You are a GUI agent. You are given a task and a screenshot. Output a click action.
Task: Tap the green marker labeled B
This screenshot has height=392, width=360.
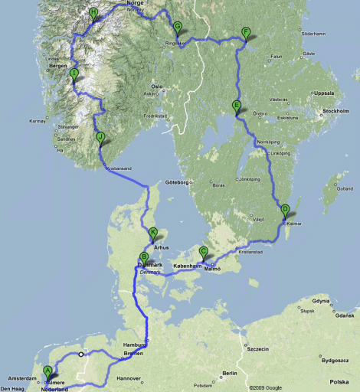tap(144, 258)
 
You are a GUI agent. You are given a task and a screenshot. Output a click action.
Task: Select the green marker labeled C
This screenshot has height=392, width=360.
tap(204, 251)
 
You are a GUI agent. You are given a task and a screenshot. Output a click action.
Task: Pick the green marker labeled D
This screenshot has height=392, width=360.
tap(285, 209)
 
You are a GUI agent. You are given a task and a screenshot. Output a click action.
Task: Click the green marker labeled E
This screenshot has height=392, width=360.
tap(236, 106)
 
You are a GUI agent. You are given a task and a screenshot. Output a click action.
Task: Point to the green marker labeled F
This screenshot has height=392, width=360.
tap(246, 32)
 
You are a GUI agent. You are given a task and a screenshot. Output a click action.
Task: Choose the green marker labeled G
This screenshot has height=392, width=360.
tap(177, 27)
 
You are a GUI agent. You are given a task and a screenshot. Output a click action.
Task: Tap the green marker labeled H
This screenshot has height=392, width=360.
tap(93, 12)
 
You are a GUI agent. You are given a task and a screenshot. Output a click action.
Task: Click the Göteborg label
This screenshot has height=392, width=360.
tap(175, 182)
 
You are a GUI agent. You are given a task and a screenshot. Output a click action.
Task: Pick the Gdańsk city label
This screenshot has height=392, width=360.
tap(345, 315)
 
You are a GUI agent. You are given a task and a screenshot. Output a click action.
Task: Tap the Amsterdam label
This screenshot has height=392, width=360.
tap(18, 378)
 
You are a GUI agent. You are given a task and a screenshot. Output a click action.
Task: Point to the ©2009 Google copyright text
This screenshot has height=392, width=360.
tap(266, 387)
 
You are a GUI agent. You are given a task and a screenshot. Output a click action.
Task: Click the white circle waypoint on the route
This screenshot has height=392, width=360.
tap(80, 354)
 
